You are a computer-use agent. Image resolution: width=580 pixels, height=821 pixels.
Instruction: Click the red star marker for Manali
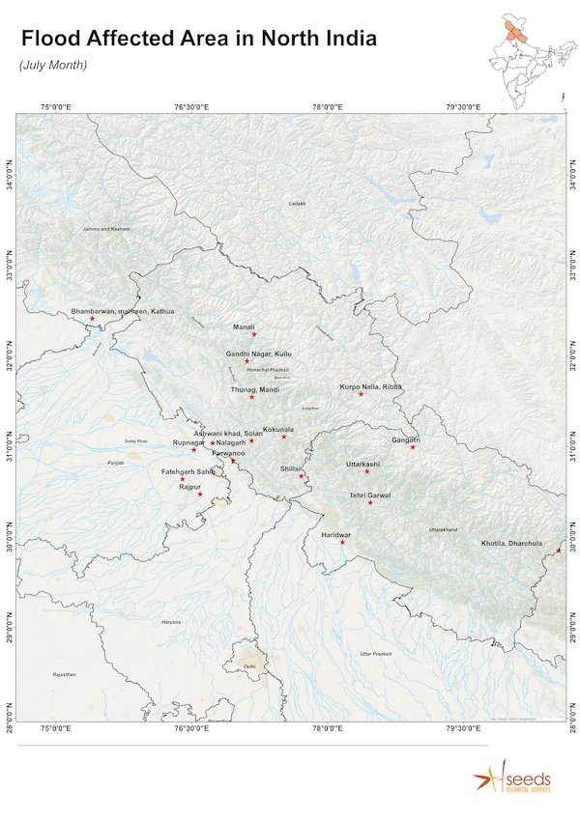[x=254, y=334]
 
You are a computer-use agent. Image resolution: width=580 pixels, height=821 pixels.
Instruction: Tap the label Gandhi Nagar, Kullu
[x=258, y=354]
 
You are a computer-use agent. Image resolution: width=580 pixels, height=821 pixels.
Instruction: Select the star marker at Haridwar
[x=342, y=542]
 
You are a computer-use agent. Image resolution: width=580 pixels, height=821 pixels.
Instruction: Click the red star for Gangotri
[x=413, y=446]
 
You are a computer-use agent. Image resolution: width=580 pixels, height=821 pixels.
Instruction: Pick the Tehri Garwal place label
[x=370, y=495]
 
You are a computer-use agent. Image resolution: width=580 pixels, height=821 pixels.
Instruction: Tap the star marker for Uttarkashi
[x=367, y=471]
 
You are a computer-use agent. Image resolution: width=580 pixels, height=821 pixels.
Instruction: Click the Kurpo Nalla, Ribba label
[x=370, y=386]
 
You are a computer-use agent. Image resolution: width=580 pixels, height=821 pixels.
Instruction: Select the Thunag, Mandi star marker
[x=251, y=397]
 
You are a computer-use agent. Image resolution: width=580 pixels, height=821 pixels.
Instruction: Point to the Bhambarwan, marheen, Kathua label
[x=123, y=312]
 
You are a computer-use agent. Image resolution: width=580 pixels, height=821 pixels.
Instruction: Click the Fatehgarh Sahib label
[x=188, y=471]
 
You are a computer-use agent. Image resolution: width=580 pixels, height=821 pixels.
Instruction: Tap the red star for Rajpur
[x=200, y=495]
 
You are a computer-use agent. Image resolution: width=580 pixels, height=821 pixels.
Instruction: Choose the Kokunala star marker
[x=284, y=437]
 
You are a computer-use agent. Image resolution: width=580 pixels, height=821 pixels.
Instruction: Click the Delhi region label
[x=250, y=666]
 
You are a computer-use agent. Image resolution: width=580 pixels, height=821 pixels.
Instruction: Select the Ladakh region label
[x=297, y=204]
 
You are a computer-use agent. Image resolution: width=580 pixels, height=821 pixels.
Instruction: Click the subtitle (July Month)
[x=53, y=65]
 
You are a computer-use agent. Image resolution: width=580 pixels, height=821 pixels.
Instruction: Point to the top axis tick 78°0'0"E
[x=327, y=105]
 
